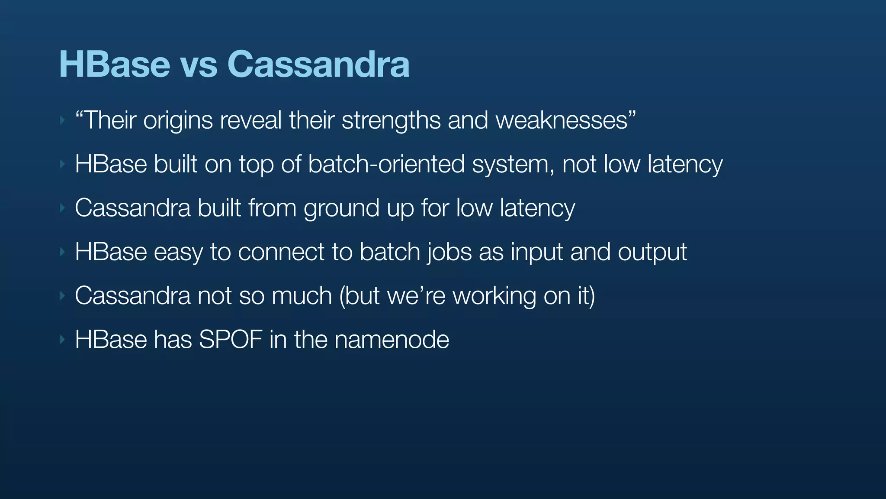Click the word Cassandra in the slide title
(318, 64)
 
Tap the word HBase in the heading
(114, 64)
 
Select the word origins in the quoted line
(178, 121)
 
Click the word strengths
(391, 121)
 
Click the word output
(652, 253)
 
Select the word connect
(281, 252)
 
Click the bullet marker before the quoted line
(62, 120)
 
